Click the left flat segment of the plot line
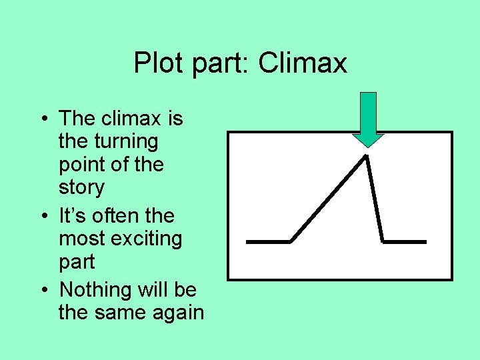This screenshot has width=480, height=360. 268,241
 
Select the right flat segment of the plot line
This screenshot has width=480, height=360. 405,241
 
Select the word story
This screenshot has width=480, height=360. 81,188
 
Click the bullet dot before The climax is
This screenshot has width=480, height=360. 43,120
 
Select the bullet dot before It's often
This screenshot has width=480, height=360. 43,217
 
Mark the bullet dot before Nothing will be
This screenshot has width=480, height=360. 43,291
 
